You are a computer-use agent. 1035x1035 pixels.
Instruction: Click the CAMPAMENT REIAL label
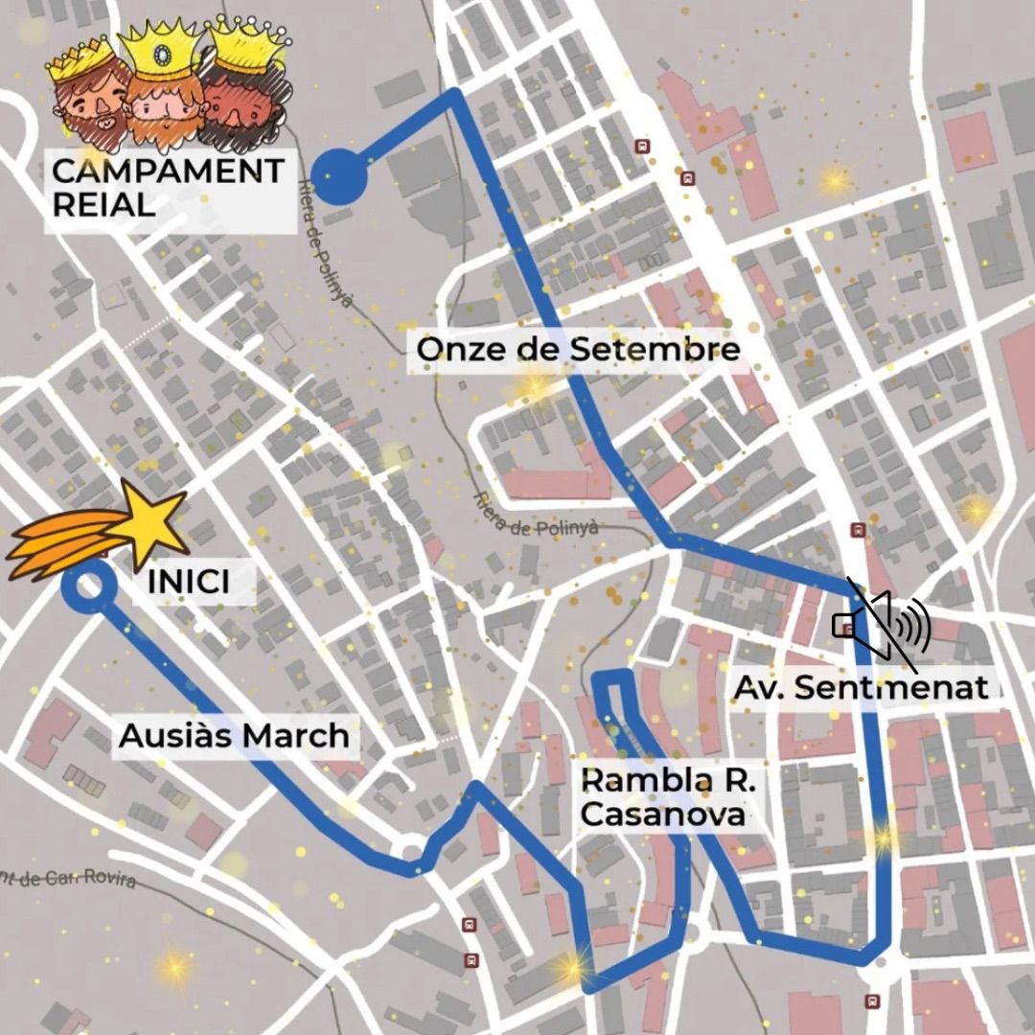point(168,187)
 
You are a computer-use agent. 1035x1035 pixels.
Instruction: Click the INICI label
point(189,582)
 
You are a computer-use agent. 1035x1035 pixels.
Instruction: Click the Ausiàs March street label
point(234,736)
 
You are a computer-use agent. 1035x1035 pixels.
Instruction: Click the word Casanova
point(663,815)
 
